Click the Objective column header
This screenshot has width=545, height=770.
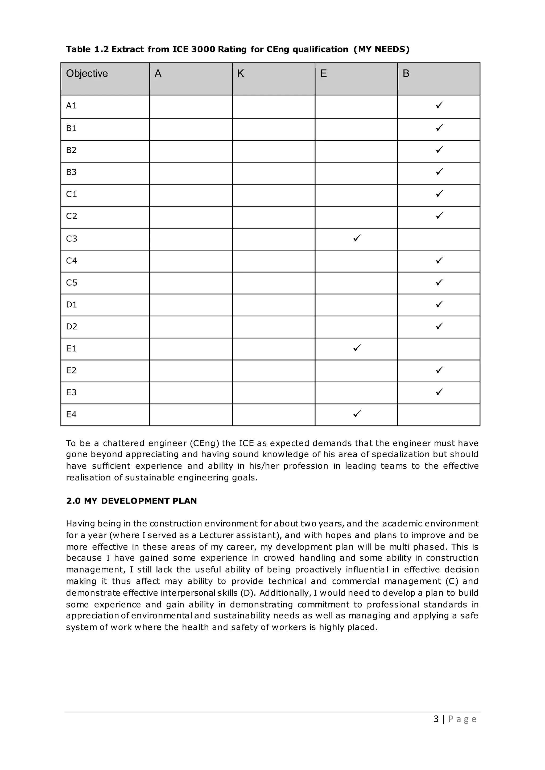tap(87, 73)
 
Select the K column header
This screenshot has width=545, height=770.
tap(240, 73)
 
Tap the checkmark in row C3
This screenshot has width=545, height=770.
tap(357, 238)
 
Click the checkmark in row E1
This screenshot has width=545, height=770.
tap(357, 348)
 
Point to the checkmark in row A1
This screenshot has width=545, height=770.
tap(439, 105)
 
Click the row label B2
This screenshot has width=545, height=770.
tap(71, 150)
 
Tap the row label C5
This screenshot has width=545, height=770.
tap(72, 283)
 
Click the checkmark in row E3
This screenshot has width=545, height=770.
tap(439, 392)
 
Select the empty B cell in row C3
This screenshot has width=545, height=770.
tap(439, 239)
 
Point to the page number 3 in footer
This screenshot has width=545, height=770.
tap(436, 719)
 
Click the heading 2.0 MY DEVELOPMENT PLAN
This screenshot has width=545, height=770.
tap(131, 501)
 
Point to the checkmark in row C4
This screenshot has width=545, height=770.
tap(439, 260)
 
